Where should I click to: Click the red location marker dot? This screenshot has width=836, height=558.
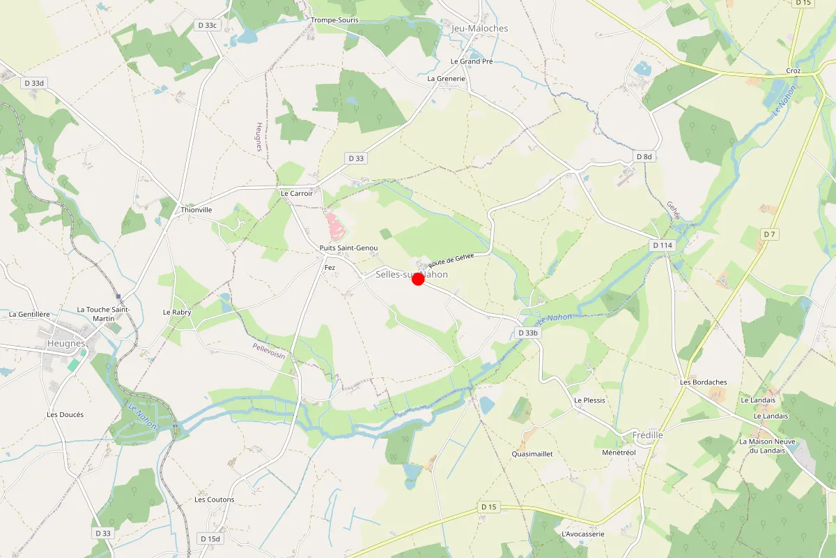418,279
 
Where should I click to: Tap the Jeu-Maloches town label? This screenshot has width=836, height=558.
480,29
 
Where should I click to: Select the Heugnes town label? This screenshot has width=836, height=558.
66,343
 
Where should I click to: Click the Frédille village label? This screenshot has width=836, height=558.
647,435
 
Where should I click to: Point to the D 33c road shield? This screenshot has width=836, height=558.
207,25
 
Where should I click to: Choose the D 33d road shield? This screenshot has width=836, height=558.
33,83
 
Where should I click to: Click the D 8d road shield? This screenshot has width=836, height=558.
644,157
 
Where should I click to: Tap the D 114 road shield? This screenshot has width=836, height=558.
663,246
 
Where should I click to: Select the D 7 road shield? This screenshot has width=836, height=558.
768,234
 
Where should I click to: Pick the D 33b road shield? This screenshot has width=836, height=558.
529,333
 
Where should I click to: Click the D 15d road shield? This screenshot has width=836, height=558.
210,538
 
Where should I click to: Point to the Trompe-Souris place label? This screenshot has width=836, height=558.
334,20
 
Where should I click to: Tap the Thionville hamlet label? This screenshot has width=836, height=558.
196,209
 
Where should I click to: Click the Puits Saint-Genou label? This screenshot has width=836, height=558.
348,248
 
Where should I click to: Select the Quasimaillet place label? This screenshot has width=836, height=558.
532,453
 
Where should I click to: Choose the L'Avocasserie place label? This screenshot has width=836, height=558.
582,534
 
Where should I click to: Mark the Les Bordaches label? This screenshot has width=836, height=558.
703,382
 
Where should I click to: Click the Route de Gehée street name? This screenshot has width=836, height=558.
451,259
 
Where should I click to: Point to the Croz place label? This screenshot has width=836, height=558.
793,71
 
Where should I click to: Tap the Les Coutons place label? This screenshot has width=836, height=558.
214,499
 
